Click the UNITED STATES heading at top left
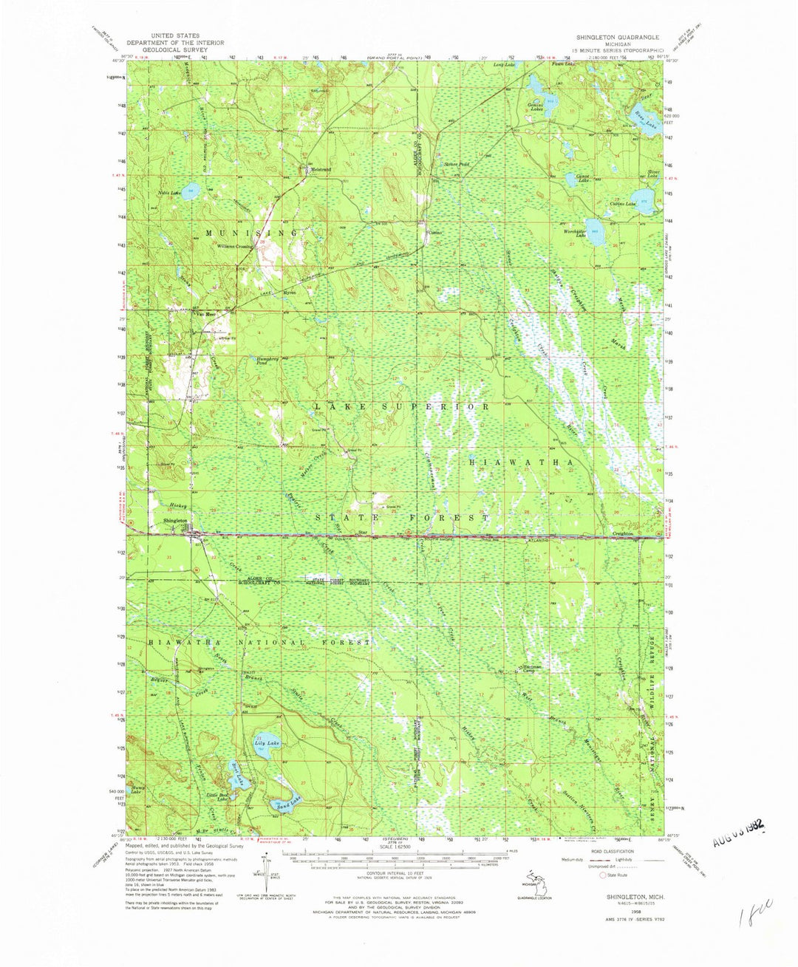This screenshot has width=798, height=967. [175, 35]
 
